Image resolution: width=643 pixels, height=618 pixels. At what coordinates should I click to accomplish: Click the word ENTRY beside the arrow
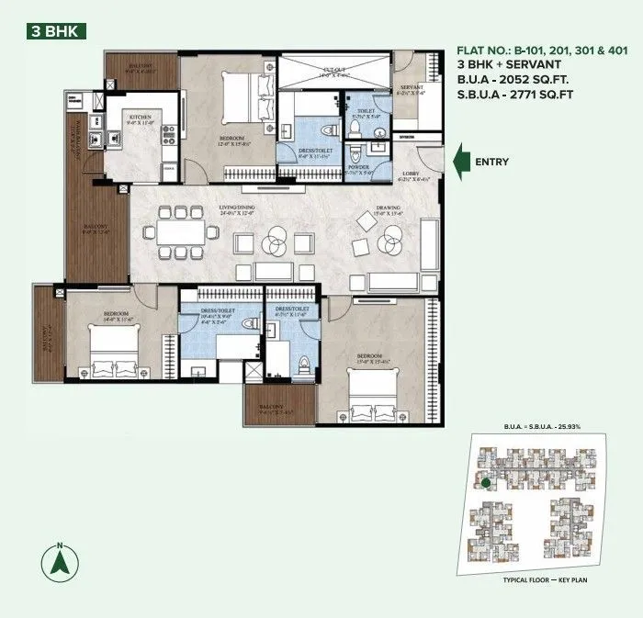[492, 163]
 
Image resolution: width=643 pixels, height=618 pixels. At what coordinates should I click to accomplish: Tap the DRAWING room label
[388, 209]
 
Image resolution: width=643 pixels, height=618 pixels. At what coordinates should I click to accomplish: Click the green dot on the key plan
[485, 483]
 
